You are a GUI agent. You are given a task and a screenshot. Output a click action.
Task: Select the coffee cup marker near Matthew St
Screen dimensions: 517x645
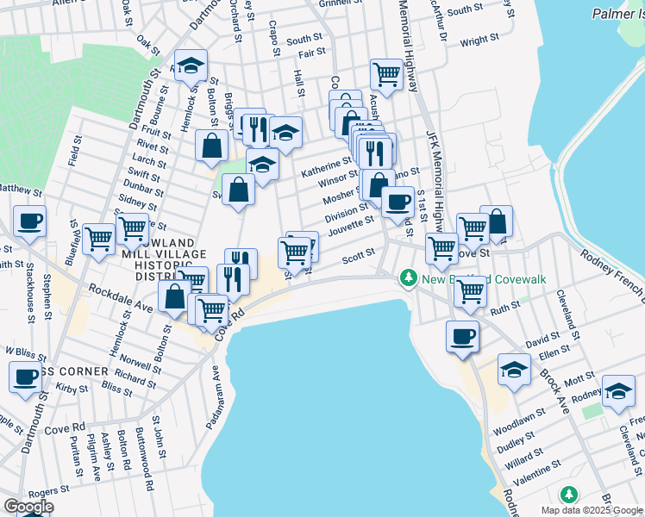click(x=29, y=221)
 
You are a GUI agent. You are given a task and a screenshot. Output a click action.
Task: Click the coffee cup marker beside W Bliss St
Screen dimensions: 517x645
click(x=25, y=376)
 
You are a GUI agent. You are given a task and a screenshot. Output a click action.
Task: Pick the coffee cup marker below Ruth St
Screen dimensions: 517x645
click(x=462, y=336)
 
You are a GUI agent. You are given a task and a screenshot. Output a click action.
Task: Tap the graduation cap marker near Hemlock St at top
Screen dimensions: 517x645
click(x=191, y=65)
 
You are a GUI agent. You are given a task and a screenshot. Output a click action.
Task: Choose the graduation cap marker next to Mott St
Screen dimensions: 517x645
click(x=514, y=371)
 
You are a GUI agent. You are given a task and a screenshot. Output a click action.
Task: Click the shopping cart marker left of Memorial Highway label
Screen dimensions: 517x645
click(x=386, y=75)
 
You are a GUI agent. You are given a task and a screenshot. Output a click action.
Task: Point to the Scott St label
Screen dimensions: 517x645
click(x=358, y=253)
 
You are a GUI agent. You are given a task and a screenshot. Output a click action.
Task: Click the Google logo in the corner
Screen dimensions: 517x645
click(x=28, y=507)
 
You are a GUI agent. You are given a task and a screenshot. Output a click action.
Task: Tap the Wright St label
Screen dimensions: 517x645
click(x=479, y=40)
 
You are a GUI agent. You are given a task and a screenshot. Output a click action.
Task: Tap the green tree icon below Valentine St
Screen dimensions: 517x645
click(x=567, y=495)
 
